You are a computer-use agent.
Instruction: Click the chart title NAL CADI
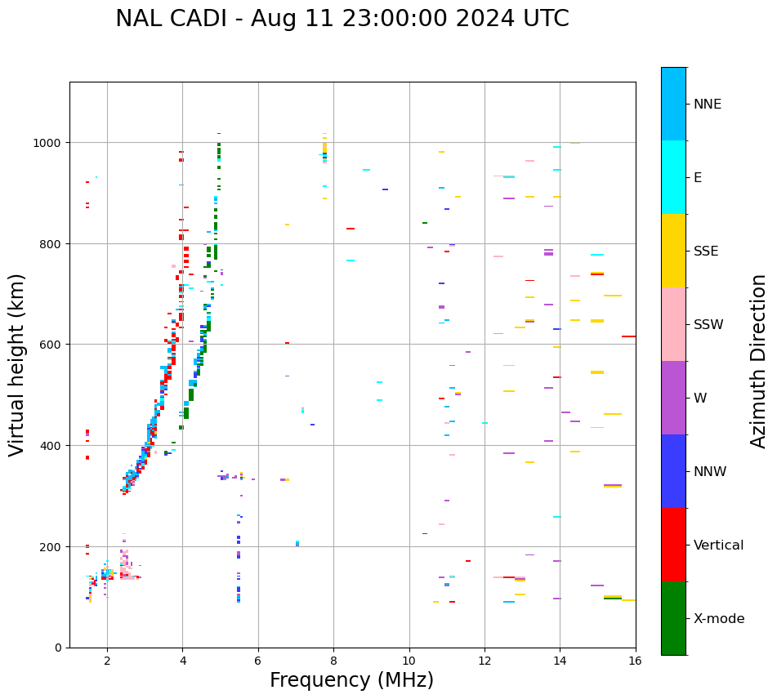pyautogui.click(x=342, y=19)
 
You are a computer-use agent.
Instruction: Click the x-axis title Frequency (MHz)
pyautogui.click(x=351, y=680)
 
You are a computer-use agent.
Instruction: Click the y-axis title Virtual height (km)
pyautogui.click(x=17, y=364)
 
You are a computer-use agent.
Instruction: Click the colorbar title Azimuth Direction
pyautogui.click(x=759, y=361)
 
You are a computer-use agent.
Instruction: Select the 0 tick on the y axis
pyautogui.click(x=60, y=648)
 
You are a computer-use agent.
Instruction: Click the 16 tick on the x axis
pyautogui.click(x=635, y=661)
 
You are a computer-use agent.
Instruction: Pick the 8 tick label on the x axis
pyautogui.click(x=333, y=661)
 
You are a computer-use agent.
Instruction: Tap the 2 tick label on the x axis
pyautogui.click(x=107, y=661)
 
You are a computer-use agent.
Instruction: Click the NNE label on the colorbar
pyautogui.click(x=708, y=104)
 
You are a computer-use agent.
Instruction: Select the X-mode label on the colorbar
pyautogui.click(x=719, y=619)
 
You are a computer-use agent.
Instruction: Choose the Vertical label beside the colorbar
pyautogui.click(x=718, y=545)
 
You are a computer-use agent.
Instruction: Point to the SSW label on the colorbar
pyautogui.click(x=708, y=325)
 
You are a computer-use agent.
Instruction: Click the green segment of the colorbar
pyautogui.click(x=673, y=618)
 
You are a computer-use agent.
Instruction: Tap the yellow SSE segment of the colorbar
pyautogui.click(x=673, y=251)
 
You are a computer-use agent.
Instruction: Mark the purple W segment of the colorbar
pyautogui.click(x=673, y=398)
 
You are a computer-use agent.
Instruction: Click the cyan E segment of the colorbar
pyautogui.click(x=673, y=177)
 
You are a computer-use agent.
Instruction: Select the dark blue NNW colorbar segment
pyautogui.click(x=673, y=471)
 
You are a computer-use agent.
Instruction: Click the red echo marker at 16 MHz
pyautogui.click(x=628, y=336)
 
